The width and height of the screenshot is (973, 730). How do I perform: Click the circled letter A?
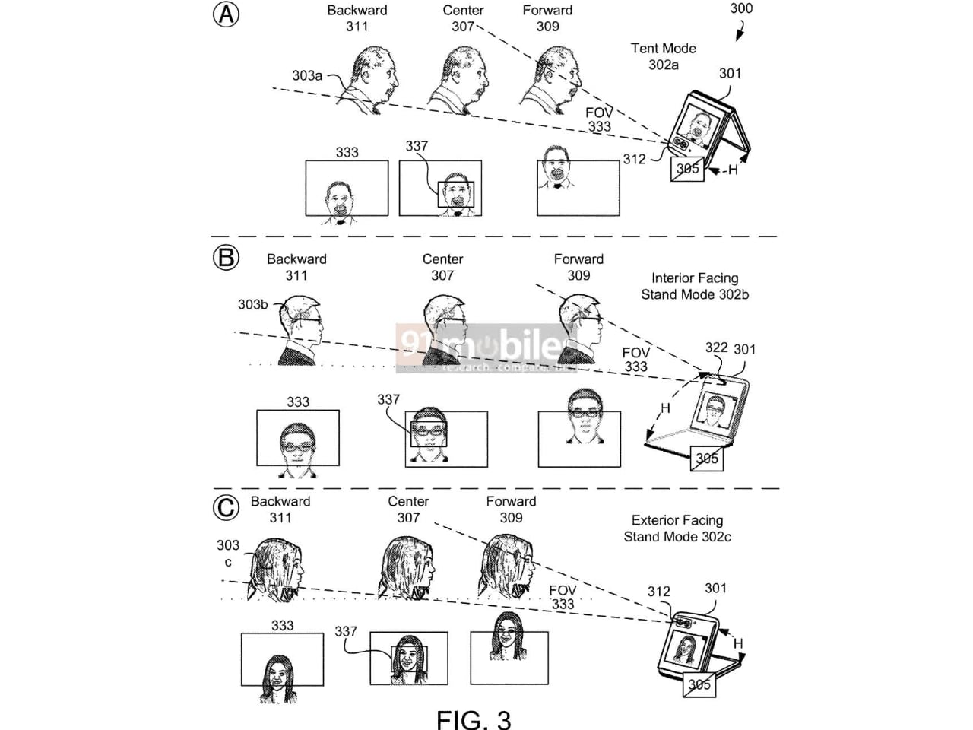pos(226,14)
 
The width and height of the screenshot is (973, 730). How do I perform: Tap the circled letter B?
pos(226,258)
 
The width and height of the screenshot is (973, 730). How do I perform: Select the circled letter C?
pos(226,507)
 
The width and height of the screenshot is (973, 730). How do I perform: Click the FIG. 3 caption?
pos(473,719)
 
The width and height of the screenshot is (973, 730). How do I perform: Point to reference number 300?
pos(740,8)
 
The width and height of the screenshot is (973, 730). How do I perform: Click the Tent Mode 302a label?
pos(663,56)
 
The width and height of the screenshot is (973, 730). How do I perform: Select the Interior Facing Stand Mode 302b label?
pos(694,287)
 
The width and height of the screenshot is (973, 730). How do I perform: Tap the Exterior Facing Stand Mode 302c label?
pos(677,528)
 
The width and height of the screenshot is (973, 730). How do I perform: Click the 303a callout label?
pos(307,75)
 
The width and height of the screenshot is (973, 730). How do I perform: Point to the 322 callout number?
pos(716,348)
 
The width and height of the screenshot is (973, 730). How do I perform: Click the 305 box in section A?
pos(687,168)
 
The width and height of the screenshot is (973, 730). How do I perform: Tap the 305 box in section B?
pos(706,458)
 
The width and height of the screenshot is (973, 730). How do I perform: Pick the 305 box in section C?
pos(699,684)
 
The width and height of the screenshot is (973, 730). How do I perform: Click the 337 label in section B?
pos(388,399)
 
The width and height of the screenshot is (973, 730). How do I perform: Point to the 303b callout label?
pos(252,304)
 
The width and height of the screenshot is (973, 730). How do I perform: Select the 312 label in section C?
pos(658,591)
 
